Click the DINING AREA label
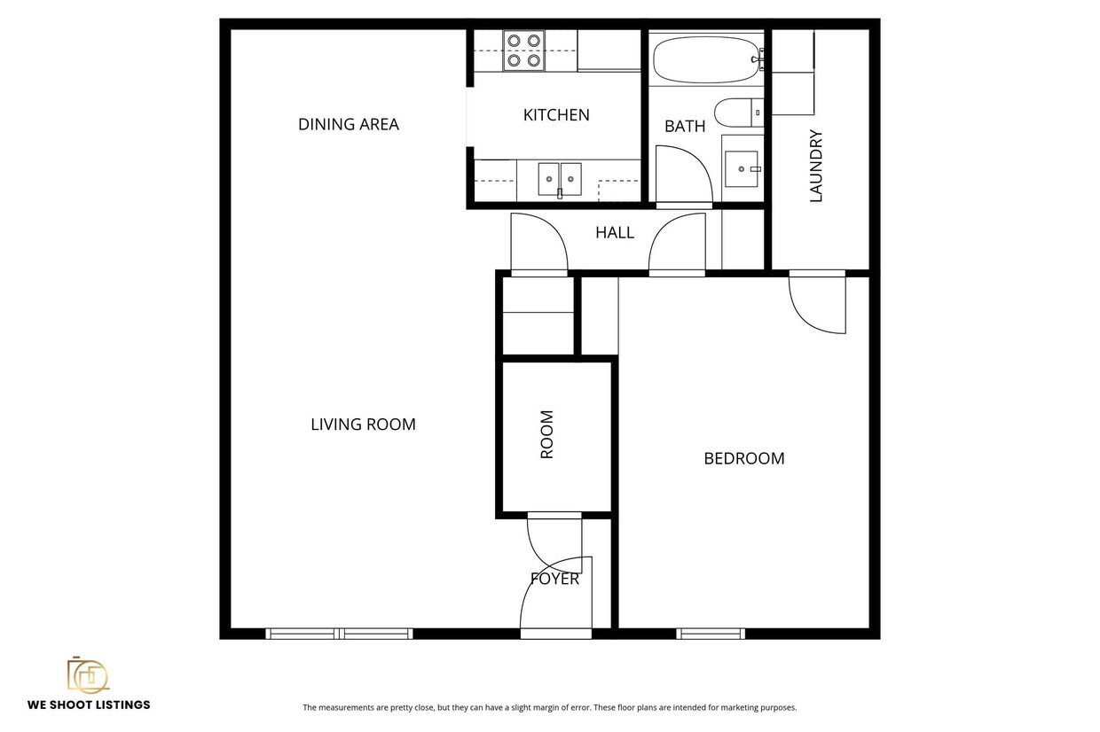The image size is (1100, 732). coord(348,124)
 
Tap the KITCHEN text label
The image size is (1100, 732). coord(556,115)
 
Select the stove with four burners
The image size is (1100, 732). coord(523,51)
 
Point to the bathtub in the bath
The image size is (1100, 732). coord(705,58)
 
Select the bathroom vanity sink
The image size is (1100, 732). coord(742,168)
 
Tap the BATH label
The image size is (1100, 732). coord(685,126)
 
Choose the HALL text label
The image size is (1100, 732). coord(615,233)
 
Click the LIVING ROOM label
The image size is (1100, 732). coord(363,424)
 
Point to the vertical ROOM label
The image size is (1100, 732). coord(547,434)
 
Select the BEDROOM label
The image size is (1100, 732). coord(743,459)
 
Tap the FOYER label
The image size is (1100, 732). coord(554,580)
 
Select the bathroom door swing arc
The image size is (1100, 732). coord(683,173)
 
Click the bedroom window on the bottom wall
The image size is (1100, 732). coord(711,633)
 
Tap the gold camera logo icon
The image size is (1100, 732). coord(88,675)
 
